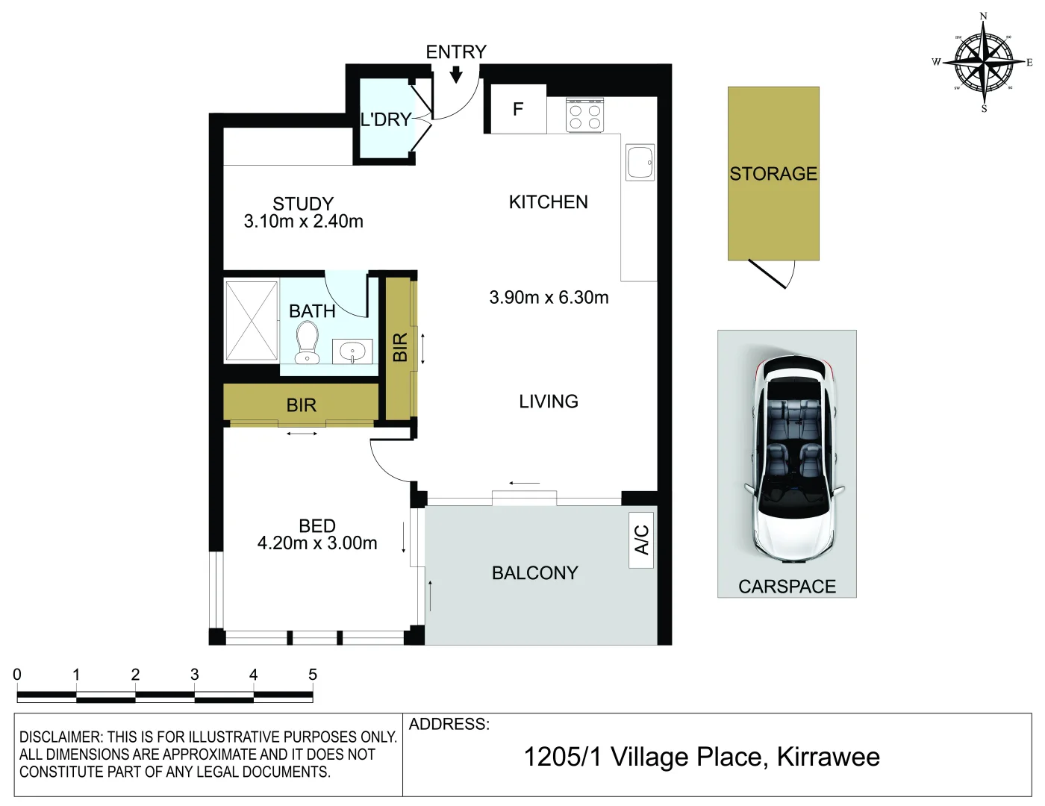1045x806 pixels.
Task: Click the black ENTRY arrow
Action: (456, 74)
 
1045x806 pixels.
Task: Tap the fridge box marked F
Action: (517, 110)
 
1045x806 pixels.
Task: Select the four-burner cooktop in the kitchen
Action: (584, 116)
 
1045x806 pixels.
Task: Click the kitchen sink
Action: (640, 162)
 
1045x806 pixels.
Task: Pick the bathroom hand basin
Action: (352, 351)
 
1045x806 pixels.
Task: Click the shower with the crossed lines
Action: (252, 320)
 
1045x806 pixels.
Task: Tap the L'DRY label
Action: (385, 119)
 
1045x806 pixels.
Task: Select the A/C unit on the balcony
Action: (641, 540)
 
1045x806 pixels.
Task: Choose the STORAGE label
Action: (773, 174)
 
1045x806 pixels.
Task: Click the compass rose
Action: (984, 62)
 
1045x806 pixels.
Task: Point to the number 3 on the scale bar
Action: (194, 675)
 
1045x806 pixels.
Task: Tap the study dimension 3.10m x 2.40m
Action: (303, 222)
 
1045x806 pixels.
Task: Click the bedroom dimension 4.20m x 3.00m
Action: (317, 543)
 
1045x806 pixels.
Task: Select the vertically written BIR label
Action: (400, 347)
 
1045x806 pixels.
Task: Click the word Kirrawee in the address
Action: (828, 757)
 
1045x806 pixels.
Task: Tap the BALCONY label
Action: (534, 573)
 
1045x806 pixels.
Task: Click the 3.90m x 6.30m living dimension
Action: (549, 298)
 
